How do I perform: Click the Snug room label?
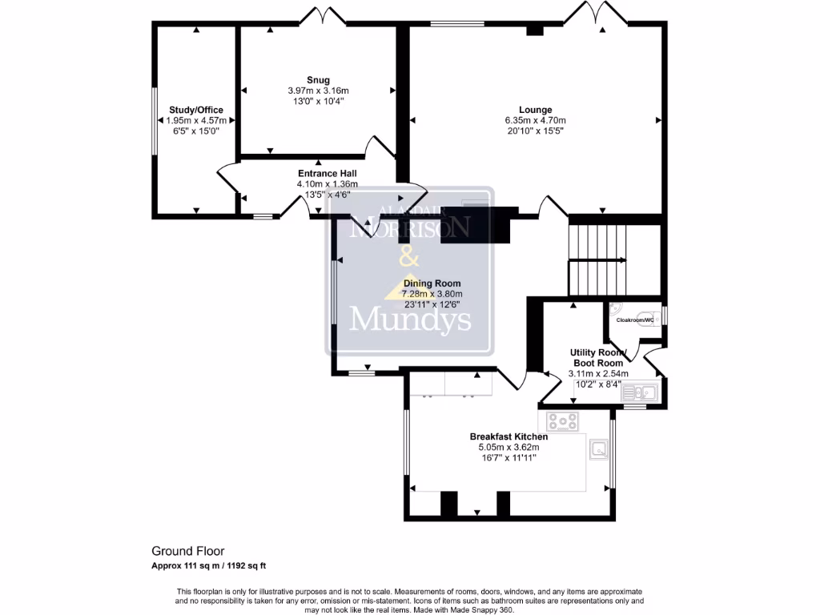pos(318,79)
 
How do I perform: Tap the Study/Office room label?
pos(195,110)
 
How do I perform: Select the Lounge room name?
pos(535,110)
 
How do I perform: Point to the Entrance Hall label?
pos(327,173)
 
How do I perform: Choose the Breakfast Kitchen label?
pos(508,436)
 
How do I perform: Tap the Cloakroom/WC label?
pos(635,320)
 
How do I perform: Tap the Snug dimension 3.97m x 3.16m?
pos(318,90)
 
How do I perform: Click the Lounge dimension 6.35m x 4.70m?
pos(535,121)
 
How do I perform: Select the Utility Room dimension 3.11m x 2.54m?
pos(597,373)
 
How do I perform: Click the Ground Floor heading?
pos(188,551)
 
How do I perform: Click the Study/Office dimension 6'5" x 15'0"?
pos(195,131)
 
